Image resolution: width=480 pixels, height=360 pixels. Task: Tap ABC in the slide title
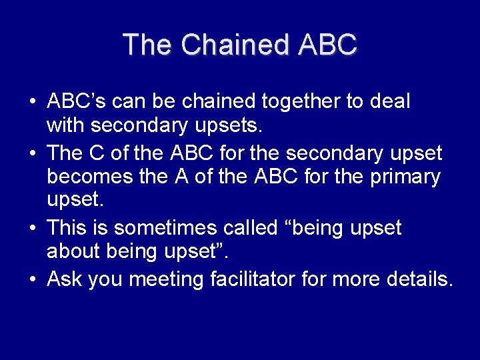pyautogui.click(x=328, y=45)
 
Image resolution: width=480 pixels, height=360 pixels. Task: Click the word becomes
pyautogui.click(x=91, y=177)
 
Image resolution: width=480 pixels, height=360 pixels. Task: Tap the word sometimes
pyautogui.click(x=160, y=228)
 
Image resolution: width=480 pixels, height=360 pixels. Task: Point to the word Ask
pyautogui.click(x=64, y=279)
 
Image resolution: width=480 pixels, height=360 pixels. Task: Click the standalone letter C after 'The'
pyautogui.click(x=95, y=153)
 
